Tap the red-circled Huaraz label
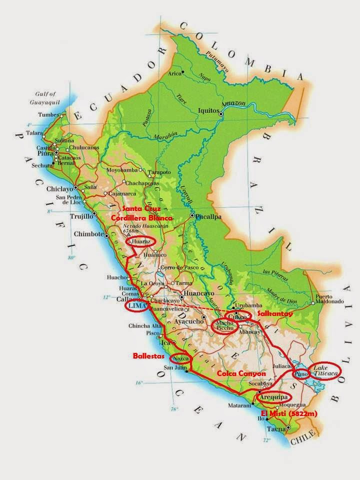coord(141,241)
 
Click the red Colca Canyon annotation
coord(241,373)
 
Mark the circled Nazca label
coord(181,358)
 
